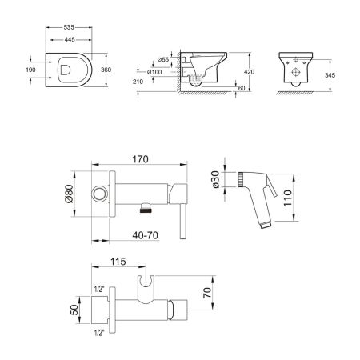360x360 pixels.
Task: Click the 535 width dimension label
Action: click(x=69, y=27)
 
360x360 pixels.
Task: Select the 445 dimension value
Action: click(x=70, y=40)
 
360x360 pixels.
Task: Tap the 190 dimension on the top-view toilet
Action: click(x=30, y=70)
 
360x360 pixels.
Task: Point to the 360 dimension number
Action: click(x=106, y=70)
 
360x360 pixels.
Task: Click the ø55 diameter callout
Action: click(x=163, y=59)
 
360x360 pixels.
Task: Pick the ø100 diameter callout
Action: click(x=154, y=72)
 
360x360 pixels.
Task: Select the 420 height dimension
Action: click(x=249, y=72)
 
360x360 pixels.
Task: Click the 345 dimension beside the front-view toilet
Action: click(x=330, y=75)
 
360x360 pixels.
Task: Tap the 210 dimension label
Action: click(x=138, y=82)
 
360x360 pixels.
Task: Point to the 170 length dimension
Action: click(x=140, y=159)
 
